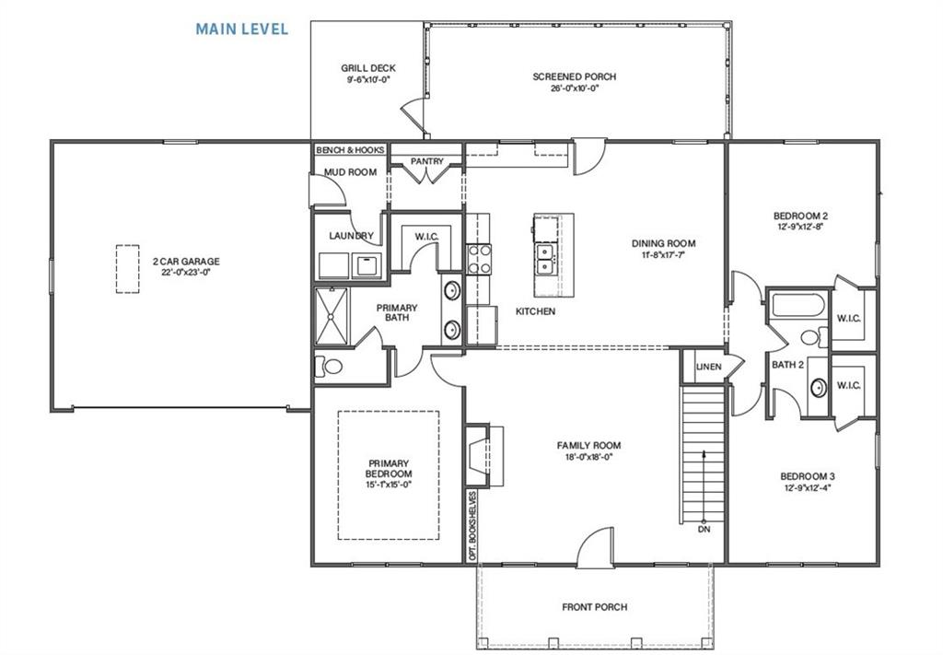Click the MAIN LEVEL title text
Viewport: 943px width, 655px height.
click(241, 29)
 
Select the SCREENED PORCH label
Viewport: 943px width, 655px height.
click(574, 76)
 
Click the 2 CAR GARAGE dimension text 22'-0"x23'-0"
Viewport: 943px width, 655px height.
click(186, 274)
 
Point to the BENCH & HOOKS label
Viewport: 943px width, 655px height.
click(349, 149)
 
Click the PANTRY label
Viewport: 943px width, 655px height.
click(427, 161)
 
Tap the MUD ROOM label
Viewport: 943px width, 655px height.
click(350, 172)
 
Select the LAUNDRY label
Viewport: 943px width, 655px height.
click(351, 236)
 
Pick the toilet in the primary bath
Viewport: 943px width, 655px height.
click(329, 367)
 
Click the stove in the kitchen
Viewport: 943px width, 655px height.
click(479, 259)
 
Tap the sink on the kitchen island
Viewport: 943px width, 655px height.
click(544, 259)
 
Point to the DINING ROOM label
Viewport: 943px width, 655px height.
click(663, 243)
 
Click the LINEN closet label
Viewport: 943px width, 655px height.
click(708, 367)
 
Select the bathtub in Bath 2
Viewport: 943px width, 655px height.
click(797, 305)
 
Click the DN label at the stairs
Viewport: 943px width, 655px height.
click(704, 530)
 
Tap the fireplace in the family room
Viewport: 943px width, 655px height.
click(483, 455)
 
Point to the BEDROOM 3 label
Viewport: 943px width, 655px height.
click(808, 476)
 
